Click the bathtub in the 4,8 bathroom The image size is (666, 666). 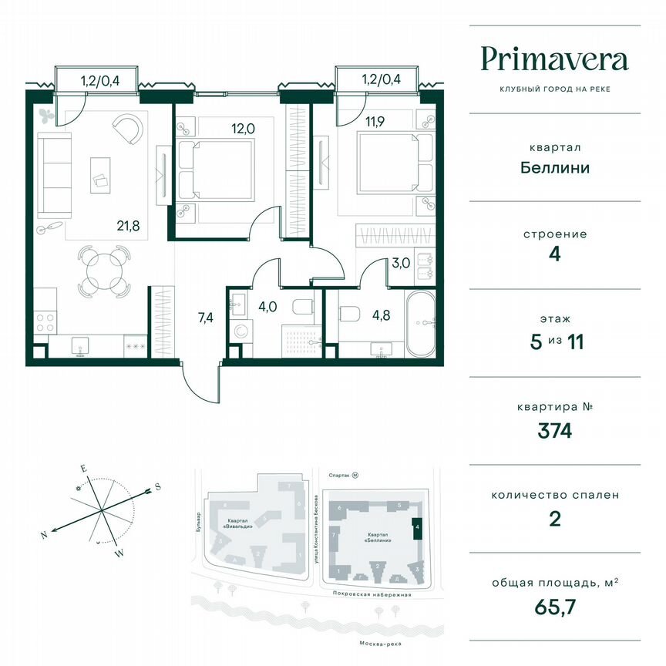pyautogui.click(x=421, y=324)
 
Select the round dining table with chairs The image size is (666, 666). pyautogui.click(x=103, y=272)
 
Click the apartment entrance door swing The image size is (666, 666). pyautogui.click(x=198, y=383)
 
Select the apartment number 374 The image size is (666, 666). pyautogui.click(x=554, y=430)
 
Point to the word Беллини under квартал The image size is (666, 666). pyautogui.click(x=554, y=166)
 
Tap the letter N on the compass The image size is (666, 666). pyautogui.click(x=45, y=533)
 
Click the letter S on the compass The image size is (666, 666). pyautogui.click(x=157, y=486)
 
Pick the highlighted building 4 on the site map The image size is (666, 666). pyautogui.click(x=417, y=530)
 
